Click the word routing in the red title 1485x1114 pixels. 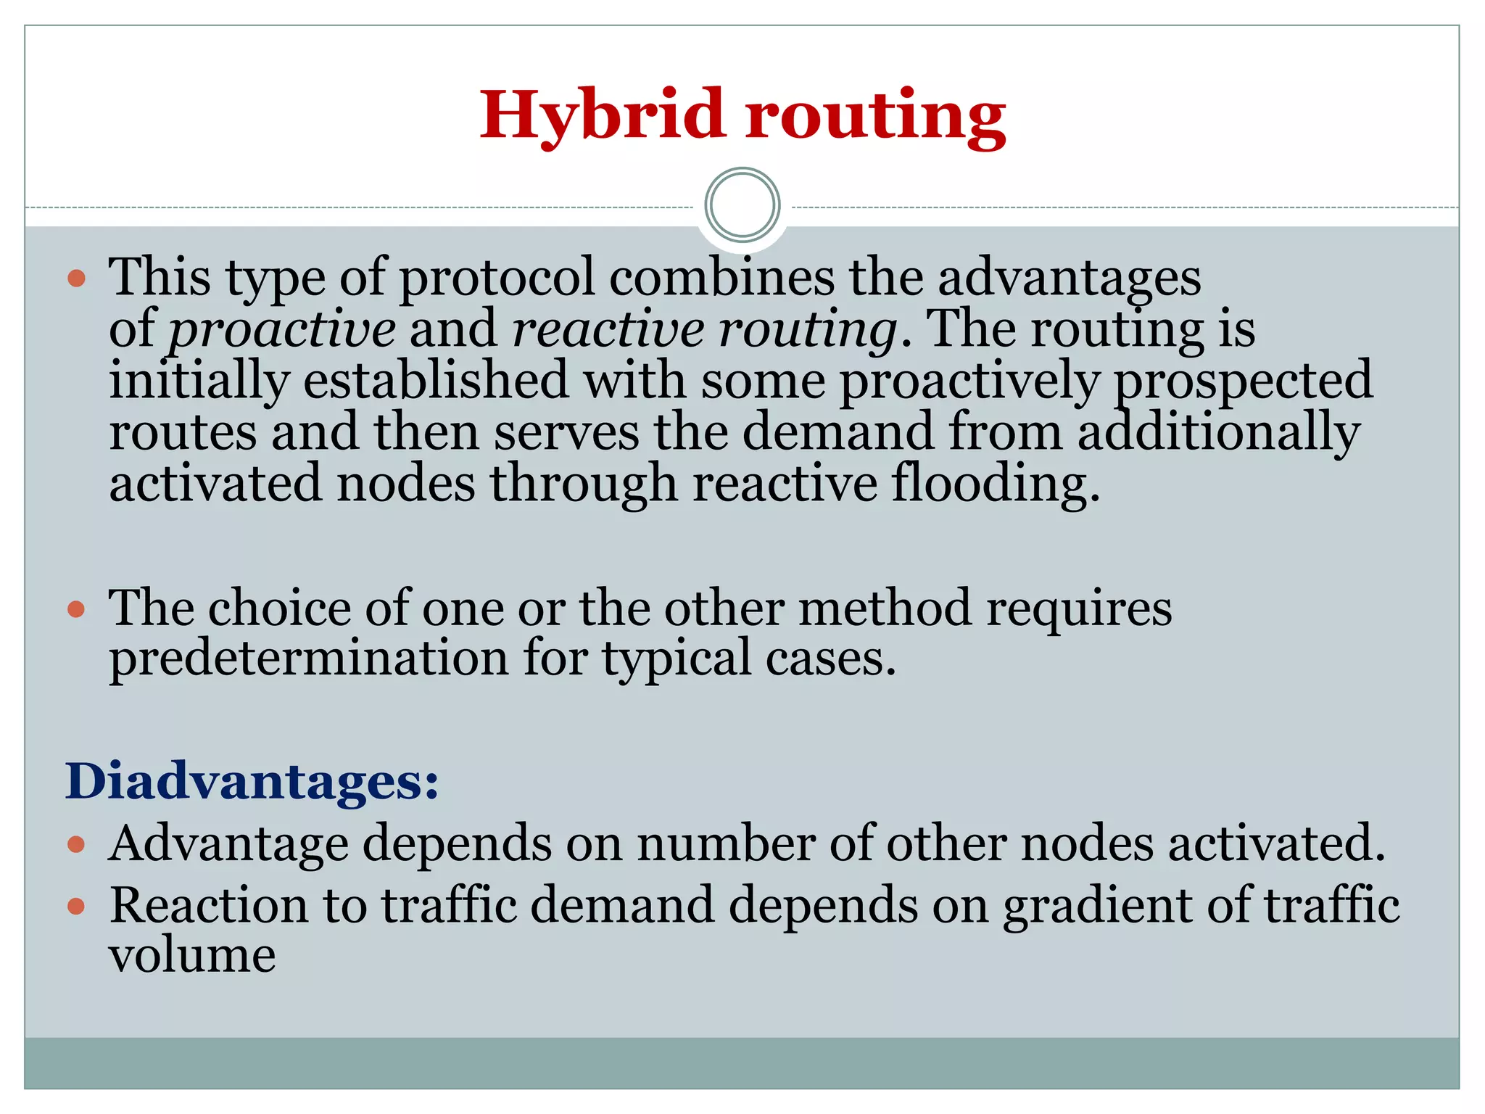click(876, 116)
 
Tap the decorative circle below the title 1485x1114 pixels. click(742, 205)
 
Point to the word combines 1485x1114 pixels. click(721, 278)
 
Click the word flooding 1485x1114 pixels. click(995, 484)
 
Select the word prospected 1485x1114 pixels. click(1243, 381)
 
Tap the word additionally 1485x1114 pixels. click(1218, 432)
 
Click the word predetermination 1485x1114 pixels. click(309, 659)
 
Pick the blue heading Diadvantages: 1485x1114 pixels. click(252, 782)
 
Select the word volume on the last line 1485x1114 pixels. click(192, 956)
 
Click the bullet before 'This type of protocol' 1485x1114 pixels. click(76, 278)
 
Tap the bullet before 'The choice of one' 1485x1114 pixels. click(76, 608)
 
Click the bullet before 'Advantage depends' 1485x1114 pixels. click(76, 844)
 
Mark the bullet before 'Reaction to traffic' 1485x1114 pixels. click(76, 906)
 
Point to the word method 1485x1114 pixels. click(885, 608)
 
